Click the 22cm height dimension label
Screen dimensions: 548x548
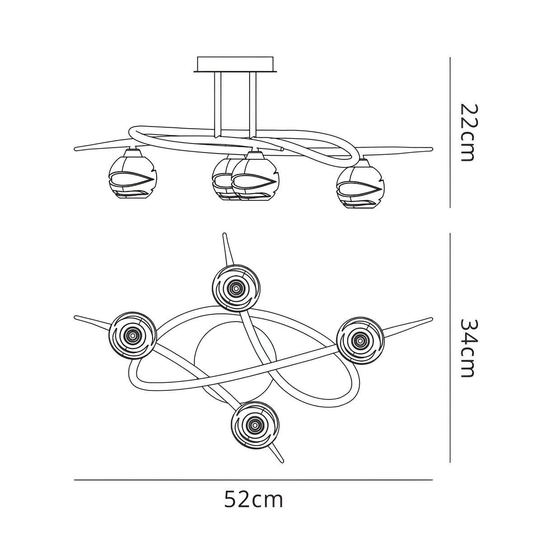click(x=467, y=132)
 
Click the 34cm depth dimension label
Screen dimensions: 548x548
click(x=467, y=348)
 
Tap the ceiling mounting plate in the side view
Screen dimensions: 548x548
click(x=235, y=64)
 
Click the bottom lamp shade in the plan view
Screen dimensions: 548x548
click(x=255, y=424)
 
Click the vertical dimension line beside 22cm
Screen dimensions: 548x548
click(x=450, y=132)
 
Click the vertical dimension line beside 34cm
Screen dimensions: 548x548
click(x=450, y=348)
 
